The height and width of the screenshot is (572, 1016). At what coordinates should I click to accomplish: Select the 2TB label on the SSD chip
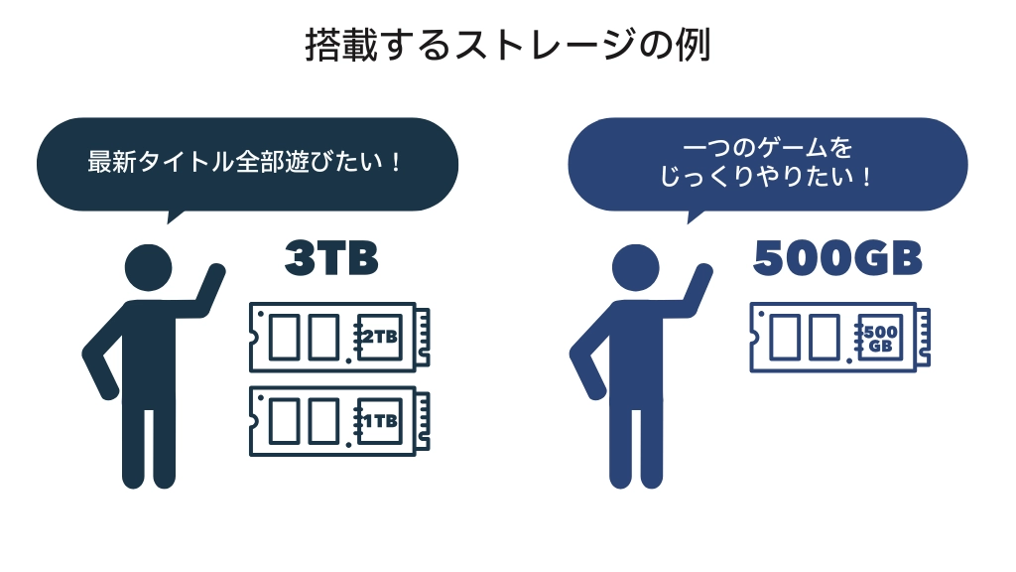[x=378, y=338]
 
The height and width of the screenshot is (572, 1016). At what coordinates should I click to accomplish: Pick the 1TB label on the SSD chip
[x=378, y=421]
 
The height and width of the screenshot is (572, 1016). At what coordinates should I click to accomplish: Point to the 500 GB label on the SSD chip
[x=879, y=338]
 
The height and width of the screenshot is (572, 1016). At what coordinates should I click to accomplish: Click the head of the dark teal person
[x=149, y=266]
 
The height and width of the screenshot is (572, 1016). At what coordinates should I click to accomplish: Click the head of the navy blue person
[x=635, y=266]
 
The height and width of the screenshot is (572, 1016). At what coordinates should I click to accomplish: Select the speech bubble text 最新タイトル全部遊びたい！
[x=245, y=161]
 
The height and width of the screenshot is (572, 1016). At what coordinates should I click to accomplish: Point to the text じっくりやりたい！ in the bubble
[x=767, y=179]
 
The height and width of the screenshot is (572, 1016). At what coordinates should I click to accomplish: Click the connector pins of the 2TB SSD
[x=424, y=338]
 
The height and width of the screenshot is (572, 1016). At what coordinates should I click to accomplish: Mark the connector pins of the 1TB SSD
[x=424, y=421]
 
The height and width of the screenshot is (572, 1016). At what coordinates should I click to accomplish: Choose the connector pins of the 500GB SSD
[x=924, y=338]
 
